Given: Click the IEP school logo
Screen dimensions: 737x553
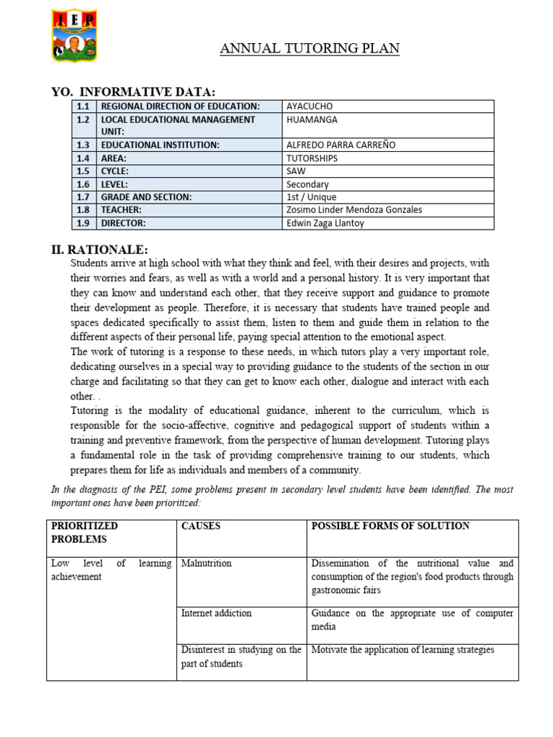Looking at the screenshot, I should coord(75,35).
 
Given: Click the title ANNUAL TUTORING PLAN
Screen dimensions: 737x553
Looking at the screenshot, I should coord(310,49).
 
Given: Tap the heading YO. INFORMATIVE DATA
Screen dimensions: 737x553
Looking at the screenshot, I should coord(134,91).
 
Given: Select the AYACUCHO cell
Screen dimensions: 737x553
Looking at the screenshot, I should coord(310,107).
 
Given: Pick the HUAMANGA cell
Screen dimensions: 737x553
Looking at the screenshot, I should coord(312,119).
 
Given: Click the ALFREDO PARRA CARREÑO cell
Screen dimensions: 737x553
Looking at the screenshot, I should coord(341,145).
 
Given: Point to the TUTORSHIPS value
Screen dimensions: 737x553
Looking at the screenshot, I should coord(312,158).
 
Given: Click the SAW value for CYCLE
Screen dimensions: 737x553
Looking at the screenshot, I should coord(297,171).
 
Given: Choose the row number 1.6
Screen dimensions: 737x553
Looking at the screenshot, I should coord(84,184).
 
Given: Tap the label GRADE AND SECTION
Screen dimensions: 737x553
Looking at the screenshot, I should coord(148,197).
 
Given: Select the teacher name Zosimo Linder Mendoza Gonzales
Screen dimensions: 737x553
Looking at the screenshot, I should coord(354,210).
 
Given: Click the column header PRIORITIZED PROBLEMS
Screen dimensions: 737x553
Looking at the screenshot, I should coord(84,533).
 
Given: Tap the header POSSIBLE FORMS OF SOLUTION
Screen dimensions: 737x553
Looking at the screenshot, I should coord(390,526).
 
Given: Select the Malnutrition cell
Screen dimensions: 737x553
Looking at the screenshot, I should coord(207,564).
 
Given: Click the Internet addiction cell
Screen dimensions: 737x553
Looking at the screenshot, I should coord(217,613).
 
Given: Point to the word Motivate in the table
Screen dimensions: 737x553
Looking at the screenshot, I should coord(331,650).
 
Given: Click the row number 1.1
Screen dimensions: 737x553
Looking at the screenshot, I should coord(84,107).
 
